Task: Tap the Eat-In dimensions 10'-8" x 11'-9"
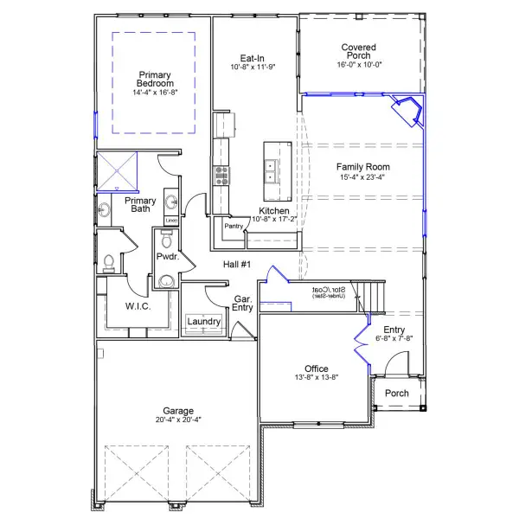(x=252, y=67)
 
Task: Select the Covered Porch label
(x=357, y=52)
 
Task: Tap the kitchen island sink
(x=272, y=170)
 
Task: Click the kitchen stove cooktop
(x=221, y=176)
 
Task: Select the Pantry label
(x=233, y=226)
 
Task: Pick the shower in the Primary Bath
(x=117, y=170)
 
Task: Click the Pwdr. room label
(x=166, y=257)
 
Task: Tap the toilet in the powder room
(x=166, y=280)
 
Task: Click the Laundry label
(x=204, y=322)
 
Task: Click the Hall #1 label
(x=237, y=264)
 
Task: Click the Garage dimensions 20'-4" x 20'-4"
(x=179, y=420)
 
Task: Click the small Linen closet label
(x=171, y=221)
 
